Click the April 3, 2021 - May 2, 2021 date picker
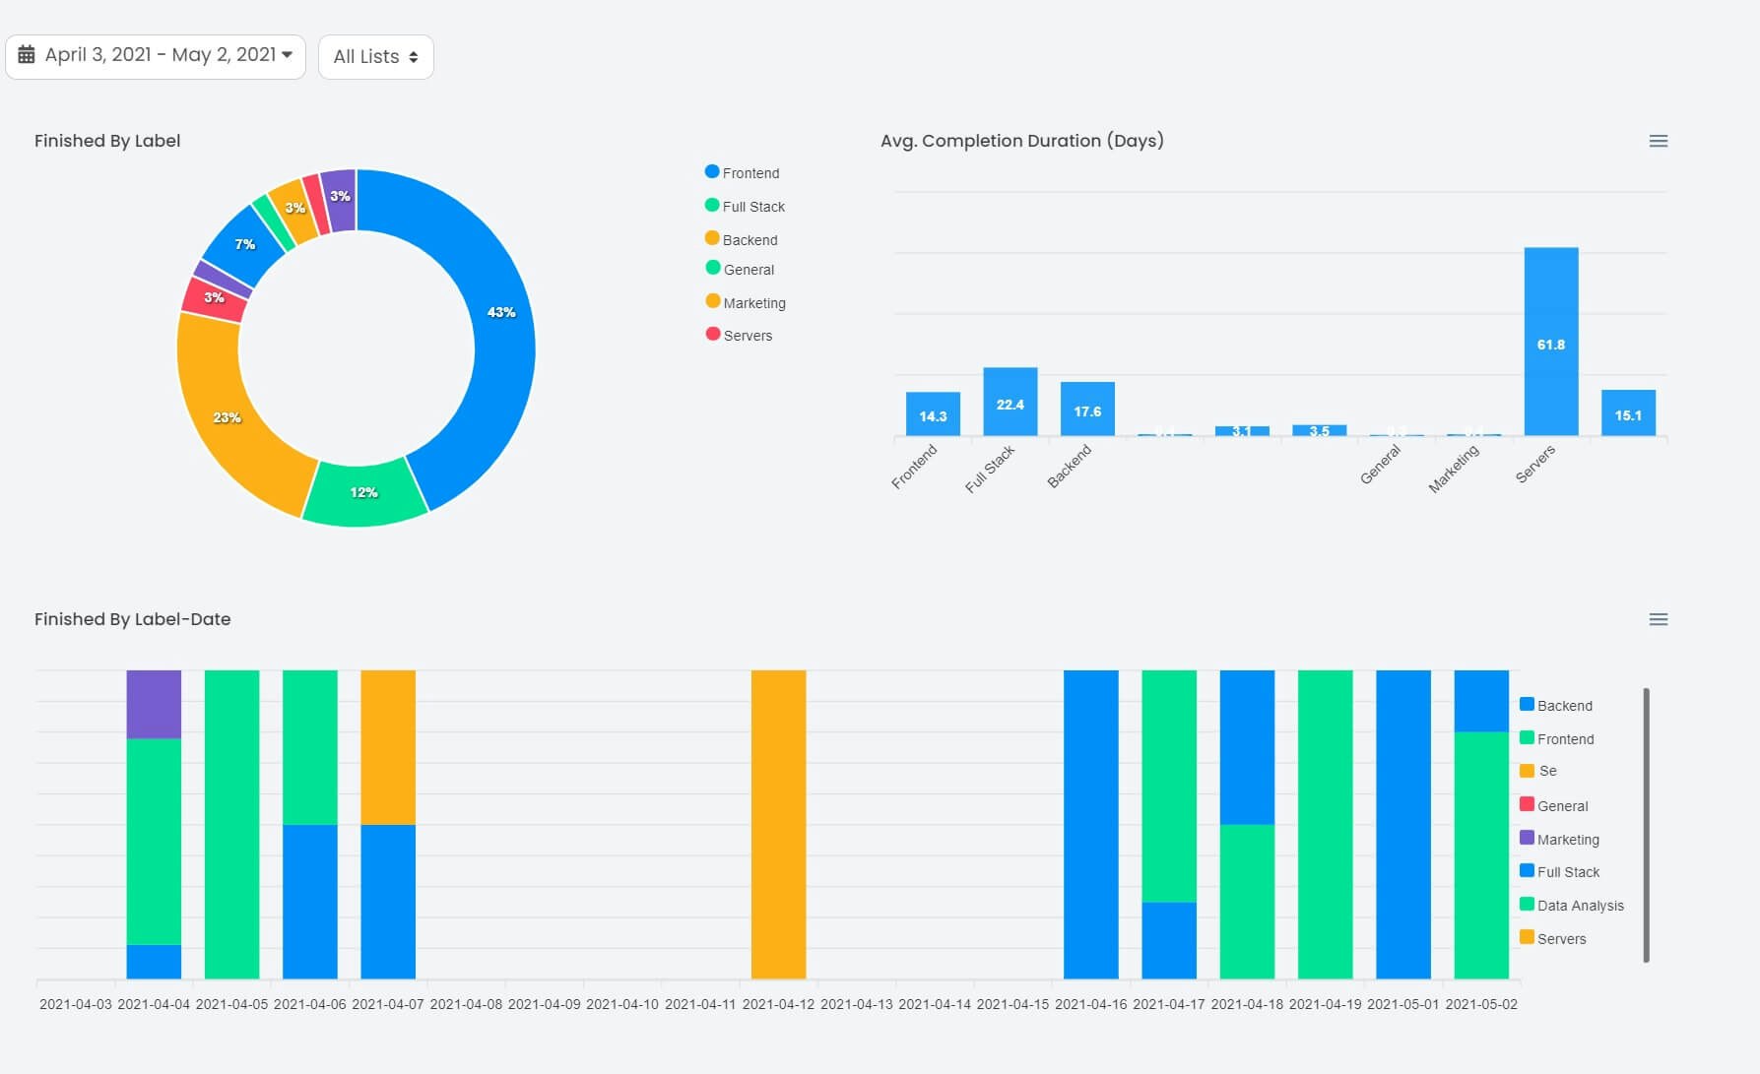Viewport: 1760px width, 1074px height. tap(156, 56)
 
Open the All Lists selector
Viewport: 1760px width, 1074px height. tap(375, 57)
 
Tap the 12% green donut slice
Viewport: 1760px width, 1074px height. tap(364, 491)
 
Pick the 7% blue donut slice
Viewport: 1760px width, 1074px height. tap(243, 244)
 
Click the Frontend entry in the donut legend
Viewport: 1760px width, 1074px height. tap(750, 173)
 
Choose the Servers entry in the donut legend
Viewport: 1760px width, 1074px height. tap(747, 336)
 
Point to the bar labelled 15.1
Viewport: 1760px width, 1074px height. tap(1627, 413)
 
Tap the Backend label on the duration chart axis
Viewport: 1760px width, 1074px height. tap(1070, 466)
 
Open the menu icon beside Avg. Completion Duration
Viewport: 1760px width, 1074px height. tap(1658, 142)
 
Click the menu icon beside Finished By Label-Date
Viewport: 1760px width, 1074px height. tap(1658, 620)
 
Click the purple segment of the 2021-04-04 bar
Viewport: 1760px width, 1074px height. tap(154, 704)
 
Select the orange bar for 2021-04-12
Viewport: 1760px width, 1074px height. tap(778, 824)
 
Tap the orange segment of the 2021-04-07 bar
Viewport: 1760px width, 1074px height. tap(388, 747)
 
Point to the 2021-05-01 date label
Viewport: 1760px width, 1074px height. tap(1402, 1004)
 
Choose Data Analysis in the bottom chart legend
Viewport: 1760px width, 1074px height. tap(1579, 906)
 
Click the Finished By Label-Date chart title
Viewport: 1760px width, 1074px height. tap(132, 619)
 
